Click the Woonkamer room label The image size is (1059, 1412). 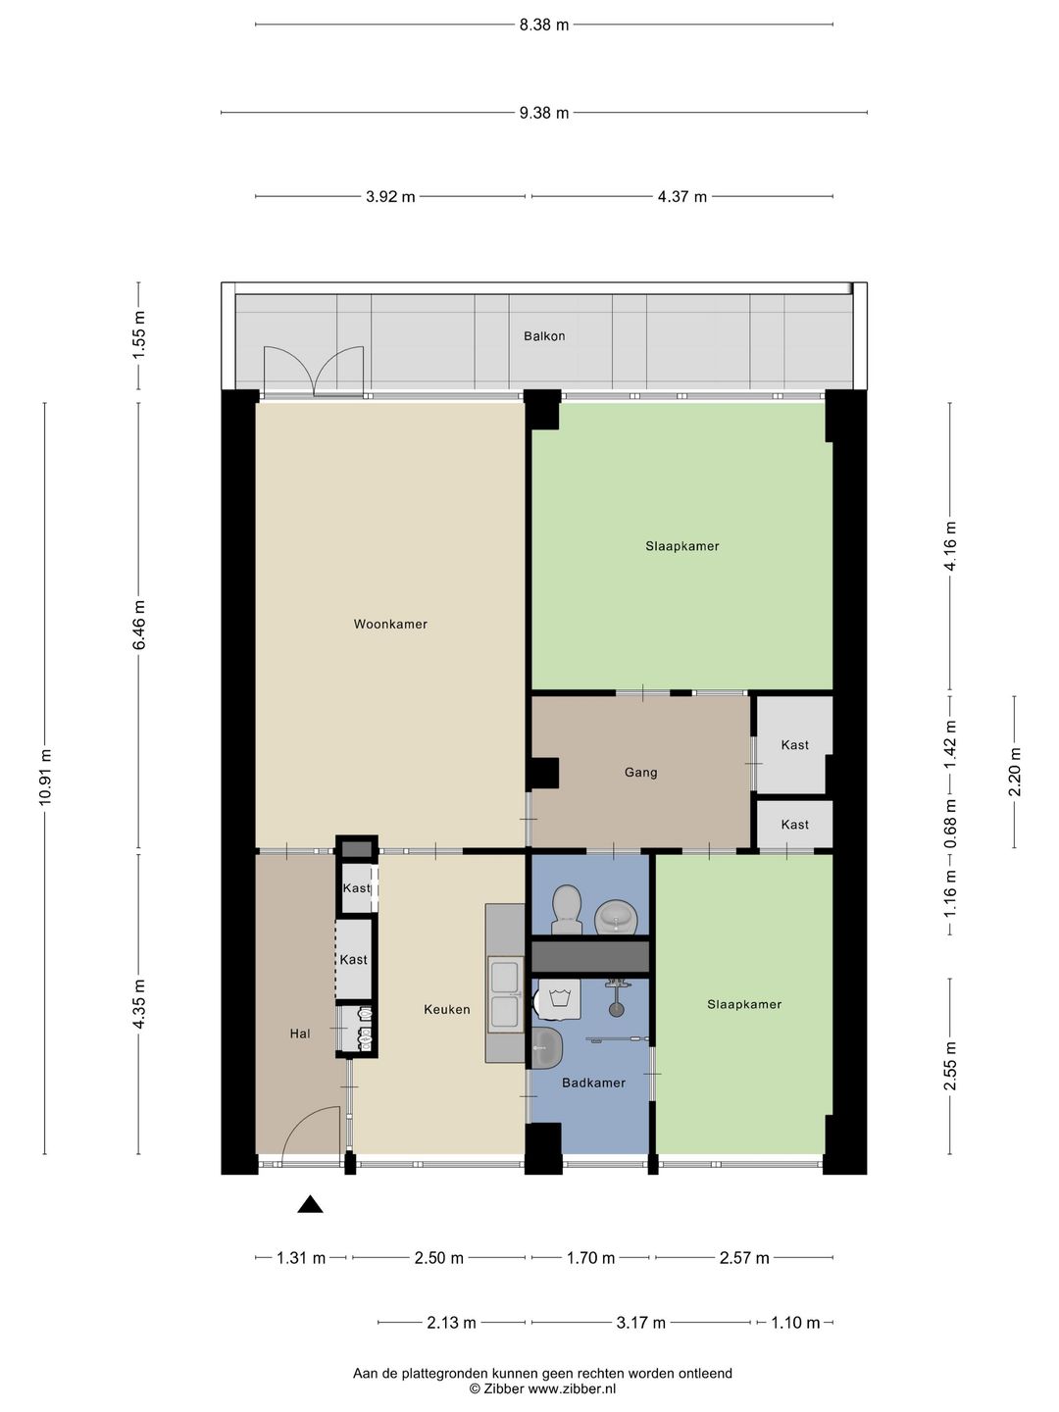390,624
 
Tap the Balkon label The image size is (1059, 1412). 544,335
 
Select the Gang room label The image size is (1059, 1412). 640,773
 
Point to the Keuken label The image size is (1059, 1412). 447,1009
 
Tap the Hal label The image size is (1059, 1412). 300,1034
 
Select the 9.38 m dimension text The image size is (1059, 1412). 544,113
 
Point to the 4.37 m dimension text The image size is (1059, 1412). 681,197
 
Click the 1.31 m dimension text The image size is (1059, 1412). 301,1258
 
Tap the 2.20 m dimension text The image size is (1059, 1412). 1015,772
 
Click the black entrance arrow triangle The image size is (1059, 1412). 310,1205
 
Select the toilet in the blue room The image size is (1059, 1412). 567,910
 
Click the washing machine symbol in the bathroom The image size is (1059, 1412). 559,1000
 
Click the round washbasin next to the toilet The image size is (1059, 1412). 616,918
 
